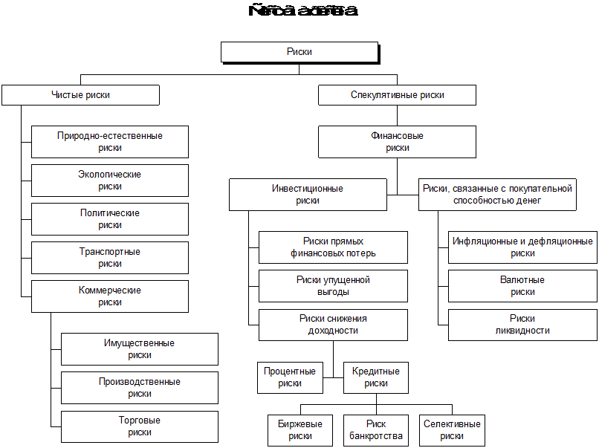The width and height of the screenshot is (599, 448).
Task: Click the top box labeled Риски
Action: coord(299,52)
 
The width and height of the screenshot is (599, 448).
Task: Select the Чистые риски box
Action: coord(80,95)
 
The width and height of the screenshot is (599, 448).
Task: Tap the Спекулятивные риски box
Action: coord(397,95)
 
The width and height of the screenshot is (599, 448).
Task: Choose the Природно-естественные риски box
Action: coord(109,142)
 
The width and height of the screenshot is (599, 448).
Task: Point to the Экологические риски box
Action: coord(109,181)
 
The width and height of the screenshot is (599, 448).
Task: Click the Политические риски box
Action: coord(109,219)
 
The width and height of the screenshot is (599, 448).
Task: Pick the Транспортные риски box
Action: coord(109,258)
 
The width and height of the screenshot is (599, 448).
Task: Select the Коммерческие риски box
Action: coord(109,296)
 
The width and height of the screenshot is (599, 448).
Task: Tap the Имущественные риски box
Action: coord(139,349)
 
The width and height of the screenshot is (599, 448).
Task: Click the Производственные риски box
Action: coord(139,388)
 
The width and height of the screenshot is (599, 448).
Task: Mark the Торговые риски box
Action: coord(139,426)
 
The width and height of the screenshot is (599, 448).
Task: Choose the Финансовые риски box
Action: coord(397,142)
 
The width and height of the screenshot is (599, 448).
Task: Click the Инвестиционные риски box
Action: coord(308,195)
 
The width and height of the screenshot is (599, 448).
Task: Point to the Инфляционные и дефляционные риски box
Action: coord(522,247)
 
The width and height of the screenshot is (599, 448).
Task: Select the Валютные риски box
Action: coord(522,286)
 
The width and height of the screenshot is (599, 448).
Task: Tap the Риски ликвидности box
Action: coord(522,325)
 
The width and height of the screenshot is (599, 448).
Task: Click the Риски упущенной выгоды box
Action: coord(333,286)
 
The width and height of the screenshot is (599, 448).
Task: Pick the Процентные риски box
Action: coord(290,377)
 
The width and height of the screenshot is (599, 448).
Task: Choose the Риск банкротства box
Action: coord(376,430)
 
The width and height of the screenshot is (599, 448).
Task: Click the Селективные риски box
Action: coord(452,430)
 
